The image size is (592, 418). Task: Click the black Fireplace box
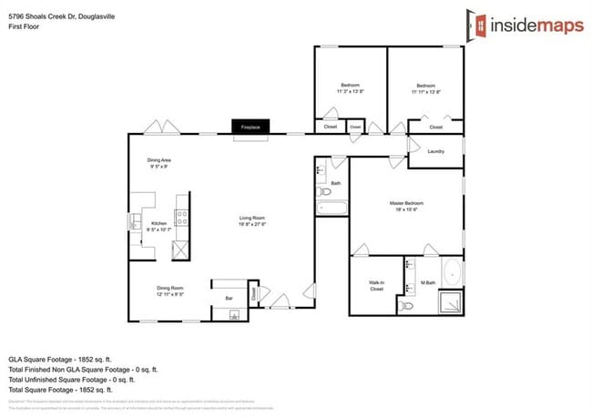click(250, 127)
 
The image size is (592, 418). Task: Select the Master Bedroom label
click(406, 203)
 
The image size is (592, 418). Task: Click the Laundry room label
click(435, 151)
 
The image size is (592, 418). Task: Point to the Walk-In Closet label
click(376, 285)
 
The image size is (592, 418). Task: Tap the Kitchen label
click(158, 223)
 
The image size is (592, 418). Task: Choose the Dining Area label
click(159, 160)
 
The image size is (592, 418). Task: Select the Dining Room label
click(170, 289)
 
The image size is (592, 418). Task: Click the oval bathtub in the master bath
click(452, 272)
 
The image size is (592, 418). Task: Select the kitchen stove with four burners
click(181, 218)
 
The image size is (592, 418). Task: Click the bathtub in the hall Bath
click(332, 209)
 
